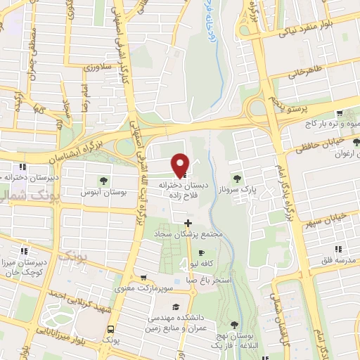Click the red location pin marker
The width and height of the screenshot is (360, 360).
pyautogui.click(x=181, y=165)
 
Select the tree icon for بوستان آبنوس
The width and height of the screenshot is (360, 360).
pyautogui.click(x=104, y=180)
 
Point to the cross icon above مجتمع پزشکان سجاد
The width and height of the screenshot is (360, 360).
pyautogui.click(x=186, y=222)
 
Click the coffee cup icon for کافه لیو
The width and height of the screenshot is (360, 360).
pyautogui.click(x=202, y=253)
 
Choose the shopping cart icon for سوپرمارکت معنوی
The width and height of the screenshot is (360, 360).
pyautogui.click(x=143, y=278)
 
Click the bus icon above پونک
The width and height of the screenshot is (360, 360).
pyautogui.click(x=110, y=329)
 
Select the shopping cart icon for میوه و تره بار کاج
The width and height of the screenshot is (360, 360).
pyautogui.click(x=340, y=112)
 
